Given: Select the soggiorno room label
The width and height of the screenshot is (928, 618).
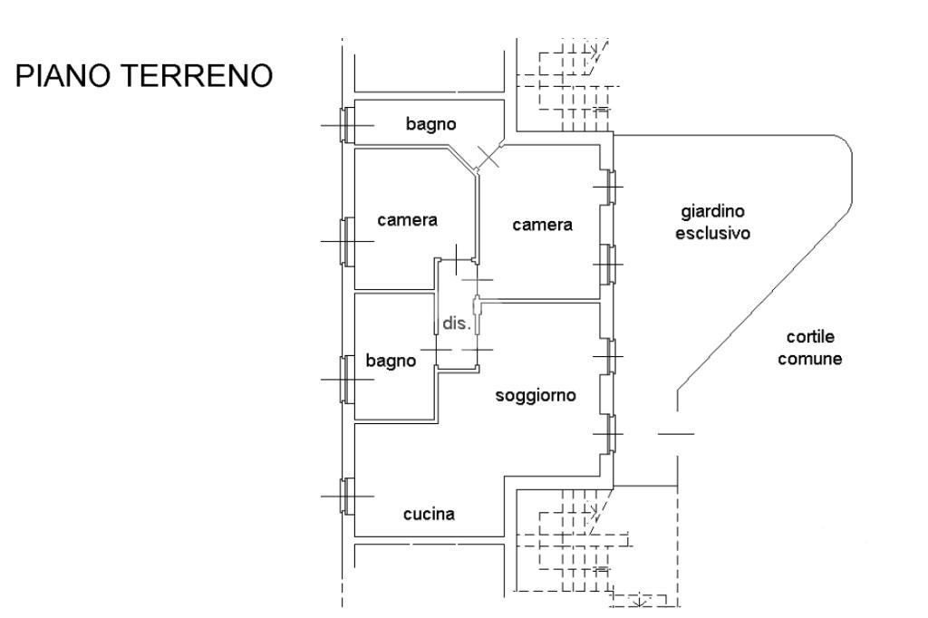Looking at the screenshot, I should click(x=536, y=396).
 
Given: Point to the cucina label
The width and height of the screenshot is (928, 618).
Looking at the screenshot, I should click(x=429, y=515).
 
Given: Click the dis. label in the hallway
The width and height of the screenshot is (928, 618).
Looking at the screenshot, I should click(x=456, y=323).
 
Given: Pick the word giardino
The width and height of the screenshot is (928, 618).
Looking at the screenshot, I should click(x=712, y=213).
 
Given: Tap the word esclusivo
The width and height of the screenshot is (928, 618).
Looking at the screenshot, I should click(x=719, y=233).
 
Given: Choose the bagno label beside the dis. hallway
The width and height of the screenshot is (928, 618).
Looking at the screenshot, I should click(x=391, y=361).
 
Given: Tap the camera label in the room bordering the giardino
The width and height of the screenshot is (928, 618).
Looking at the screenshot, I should click(x=542, y=225).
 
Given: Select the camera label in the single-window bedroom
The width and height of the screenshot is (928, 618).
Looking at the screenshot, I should click(x=407, y=219).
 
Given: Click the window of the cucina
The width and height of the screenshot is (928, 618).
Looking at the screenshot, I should click(x=344, y=496).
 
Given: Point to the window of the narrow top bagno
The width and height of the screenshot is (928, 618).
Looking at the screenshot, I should click(x=344, y=124).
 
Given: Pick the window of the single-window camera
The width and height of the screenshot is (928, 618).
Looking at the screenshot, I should click(x=344, y=241).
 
